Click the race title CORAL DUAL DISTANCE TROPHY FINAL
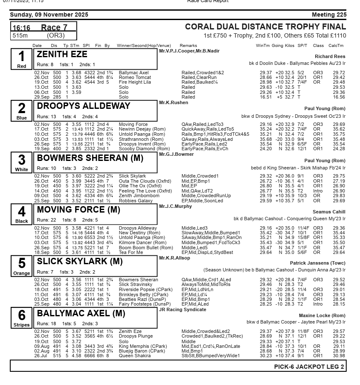[265, 27]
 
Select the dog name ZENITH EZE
[62, 54]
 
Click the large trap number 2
[21, 108]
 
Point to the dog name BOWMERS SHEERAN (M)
[90, 158]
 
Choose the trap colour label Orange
[21, 273]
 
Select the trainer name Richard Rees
[330, 56]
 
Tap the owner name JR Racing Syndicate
[177, 309]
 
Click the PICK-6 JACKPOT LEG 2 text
[309, 367]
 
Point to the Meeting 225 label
[329, 15]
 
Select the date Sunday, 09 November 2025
[49, 15]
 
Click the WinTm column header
[263, 46]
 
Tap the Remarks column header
[188, 46]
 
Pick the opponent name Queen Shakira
[135, 356]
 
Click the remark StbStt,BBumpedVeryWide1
[210, 356]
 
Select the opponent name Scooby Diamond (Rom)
[144, 149]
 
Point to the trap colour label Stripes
[21, 325]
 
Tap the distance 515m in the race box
[20, 36]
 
